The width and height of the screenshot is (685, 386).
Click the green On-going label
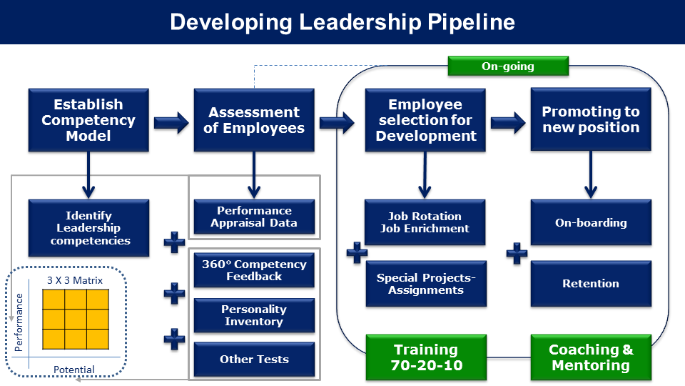[508, 66]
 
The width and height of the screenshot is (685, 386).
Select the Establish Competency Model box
[88, 120]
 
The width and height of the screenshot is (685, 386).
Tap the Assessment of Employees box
[254, 120]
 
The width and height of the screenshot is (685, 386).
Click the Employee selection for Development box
[425, 120]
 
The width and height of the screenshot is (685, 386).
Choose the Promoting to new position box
[591, 119]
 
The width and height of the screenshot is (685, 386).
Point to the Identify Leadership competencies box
[88, 228]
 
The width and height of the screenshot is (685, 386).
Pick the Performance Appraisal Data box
[254, 217]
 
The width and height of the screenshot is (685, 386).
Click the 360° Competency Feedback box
[254, 270]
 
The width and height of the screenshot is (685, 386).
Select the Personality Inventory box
[254, 315]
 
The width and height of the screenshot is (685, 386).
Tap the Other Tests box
[254, 360]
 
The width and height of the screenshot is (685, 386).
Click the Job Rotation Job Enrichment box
[425, 222]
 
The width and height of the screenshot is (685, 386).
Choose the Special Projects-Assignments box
[426, 284]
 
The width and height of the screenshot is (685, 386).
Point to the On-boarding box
[591, 222]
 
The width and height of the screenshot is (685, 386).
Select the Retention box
[591, 284]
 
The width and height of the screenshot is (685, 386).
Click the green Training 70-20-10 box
[426, 357]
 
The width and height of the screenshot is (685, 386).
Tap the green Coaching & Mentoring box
[591, 357]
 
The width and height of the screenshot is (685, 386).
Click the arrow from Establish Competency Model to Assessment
[172, 122]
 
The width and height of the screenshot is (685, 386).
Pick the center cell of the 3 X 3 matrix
[76, 319]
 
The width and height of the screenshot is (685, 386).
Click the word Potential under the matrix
[73, 370]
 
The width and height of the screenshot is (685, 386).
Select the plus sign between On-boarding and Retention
[517, 253]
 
